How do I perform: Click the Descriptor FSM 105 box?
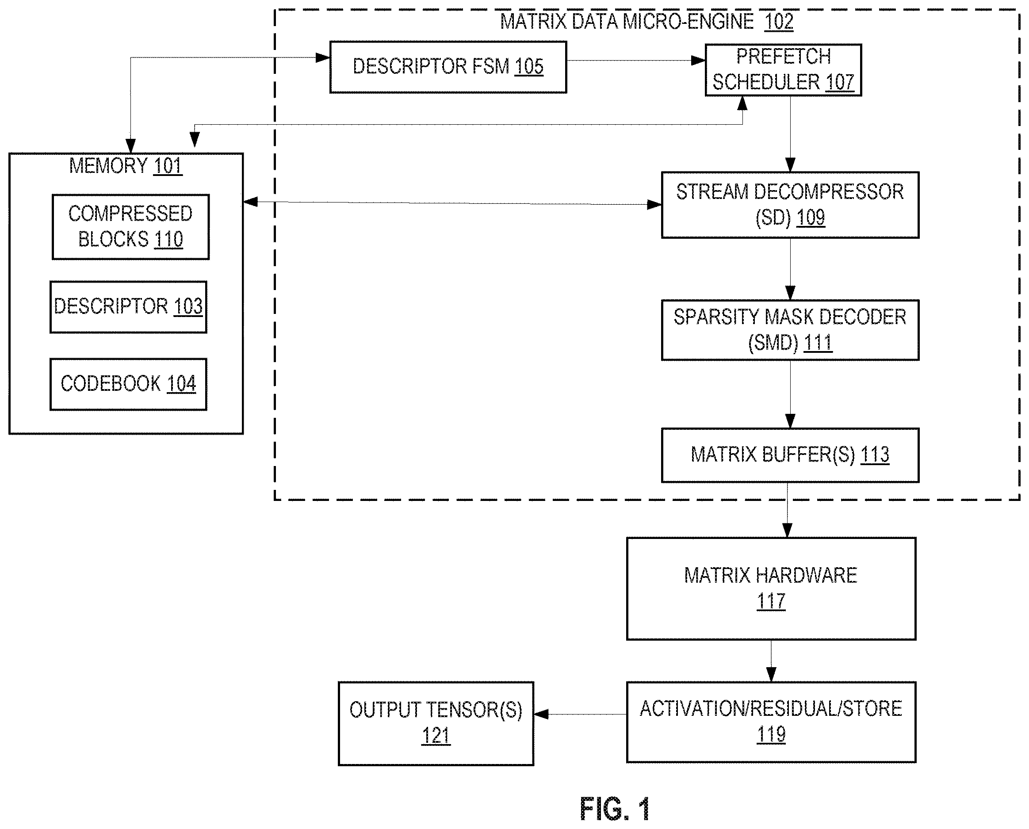pos(448,67)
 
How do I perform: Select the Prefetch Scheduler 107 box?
pos(783,70)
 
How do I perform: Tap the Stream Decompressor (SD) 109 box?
pos(790,205)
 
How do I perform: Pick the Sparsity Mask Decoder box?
pos(790,330)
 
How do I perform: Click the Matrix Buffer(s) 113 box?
pos(790,455)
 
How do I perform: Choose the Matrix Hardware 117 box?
pos(771,589)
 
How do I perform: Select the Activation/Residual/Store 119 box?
pos(771,722)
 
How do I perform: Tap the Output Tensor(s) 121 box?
pos(436,723)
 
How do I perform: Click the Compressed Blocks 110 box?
pos(130,227)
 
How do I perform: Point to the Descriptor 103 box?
pos(128,307)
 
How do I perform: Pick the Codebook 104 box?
pos(128,384)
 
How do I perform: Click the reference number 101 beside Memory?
pos(168,166)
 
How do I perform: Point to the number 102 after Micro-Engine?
pos(779,22)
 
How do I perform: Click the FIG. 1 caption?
pos(615,809)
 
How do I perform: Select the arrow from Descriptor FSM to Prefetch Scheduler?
pos(636,61)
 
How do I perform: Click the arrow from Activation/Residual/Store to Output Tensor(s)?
pos(580,714)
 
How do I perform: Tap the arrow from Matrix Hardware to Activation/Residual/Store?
pos(771,661)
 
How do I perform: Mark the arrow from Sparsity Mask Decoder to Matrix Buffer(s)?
pos(790,394)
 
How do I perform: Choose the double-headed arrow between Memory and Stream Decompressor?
pos(452,203)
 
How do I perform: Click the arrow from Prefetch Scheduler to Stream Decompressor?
pos(790,134)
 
